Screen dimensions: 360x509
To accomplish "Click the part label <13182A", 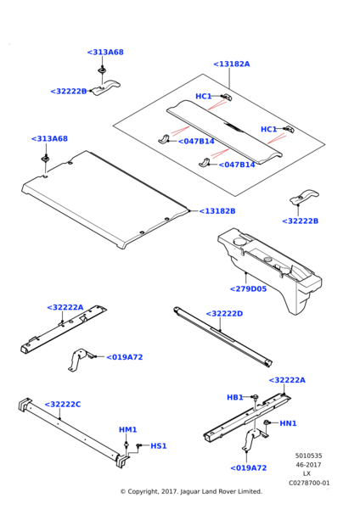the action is point(231,64).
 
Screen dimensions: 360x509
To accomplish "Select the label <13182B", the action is point(217,211).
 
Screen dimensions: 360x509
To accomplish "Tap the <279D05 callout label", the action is point(248,289).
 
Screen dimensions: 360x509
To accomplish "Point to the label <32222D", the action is point(224,314).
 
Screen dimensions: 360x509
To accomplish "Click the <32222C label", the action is point(62,405).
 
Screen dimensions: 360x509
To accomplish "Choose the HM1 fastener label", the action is point(127,430).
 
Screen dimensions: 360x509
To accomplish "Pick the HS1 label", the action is point(159,446).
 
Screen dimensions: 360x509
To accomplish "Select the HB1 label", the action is point(235,397).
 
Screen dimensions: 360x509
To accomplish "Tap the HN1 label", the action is point(288,423).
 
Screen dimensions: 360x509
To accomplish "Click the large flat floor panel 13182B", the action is point(104,198).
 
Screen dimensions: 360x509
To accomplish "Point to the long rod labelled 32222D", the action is point(223,336).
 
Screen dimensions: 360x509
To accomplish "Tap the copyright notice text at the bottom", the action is point(191,491).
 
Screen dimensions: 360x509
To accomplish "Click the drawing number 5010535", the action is point(309,456).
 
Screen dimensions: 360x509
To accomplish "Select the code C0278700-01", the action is point(309,483).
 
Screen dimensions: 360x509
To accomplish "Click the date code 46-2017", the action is point(308,465).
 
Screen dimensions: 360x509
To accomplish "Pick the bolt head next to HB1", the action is point(255,397).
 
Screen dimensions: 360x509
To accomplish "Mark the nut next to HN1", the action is point(266,422).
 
